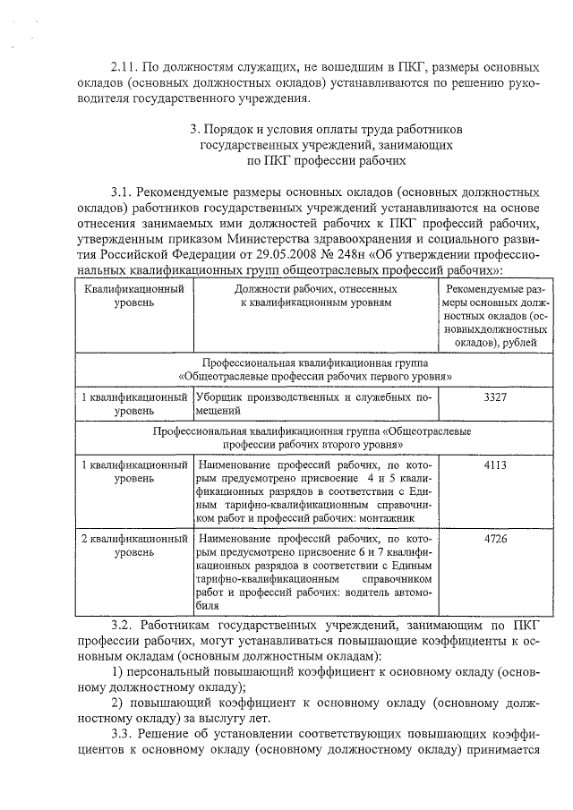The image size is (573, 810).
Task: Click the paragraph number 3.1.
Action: pyautogui.click(x=124, y=192)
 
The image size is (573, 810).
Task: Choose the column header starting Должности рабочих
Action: pyautogui.click(x=315, y=297)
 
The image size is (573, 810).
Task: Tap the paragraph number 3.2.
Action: pyautogui.click(x=124, y=622)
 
